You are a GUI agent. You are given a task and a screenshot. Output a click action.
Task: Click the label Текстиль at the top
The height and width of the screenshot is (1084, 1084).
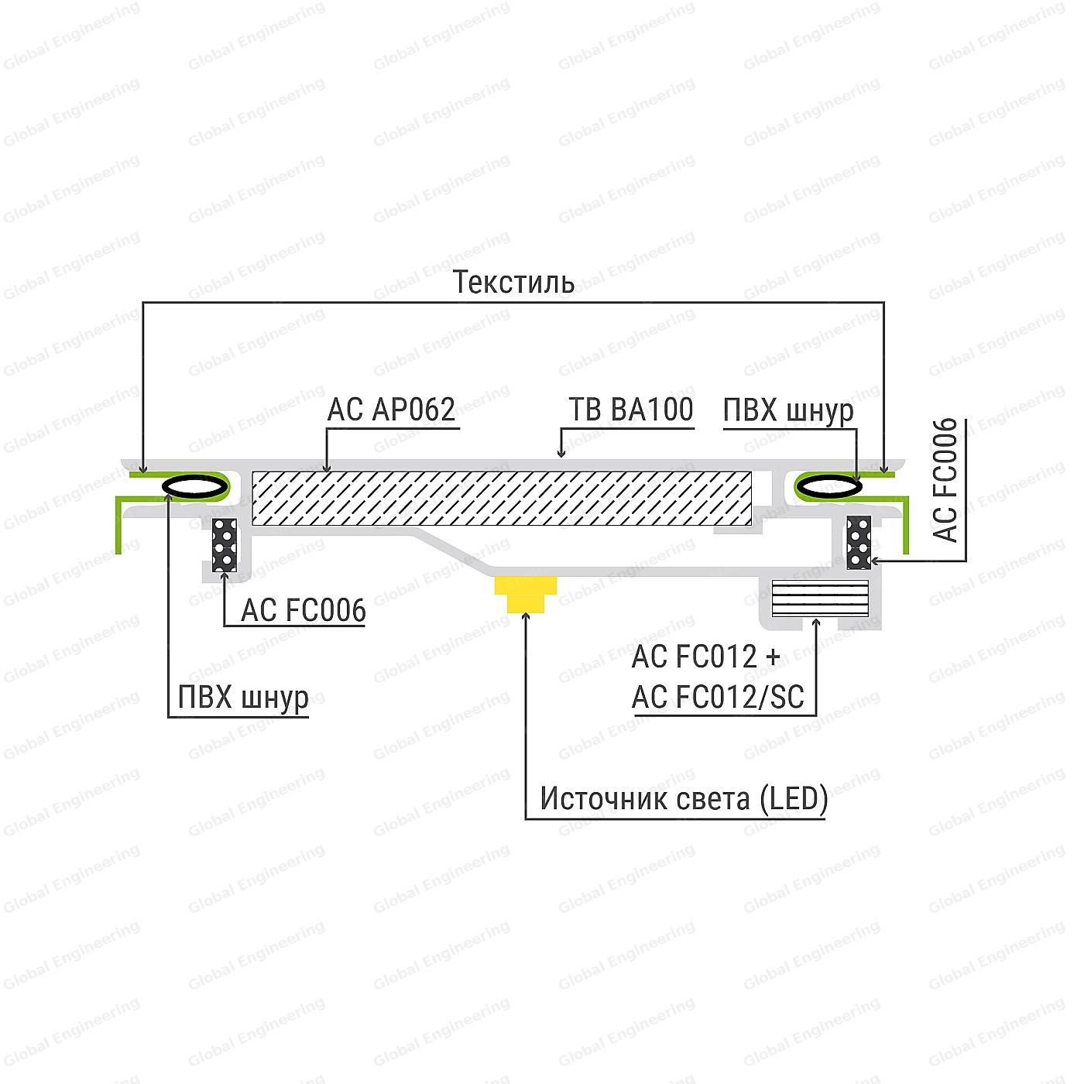(x=513, y=282)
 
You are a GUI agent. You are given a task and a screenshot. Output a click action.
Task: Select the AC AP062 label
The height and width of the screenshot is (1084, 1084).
(x=391, y=410)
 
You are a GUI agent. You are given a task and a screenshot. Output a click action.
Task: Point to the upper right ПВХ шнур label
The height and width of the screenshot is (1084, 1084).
(x=788, y=410)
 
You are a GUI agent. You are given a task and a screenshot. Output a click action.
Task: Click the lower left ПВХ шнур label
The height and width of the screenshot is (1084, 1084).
(x=243, y=698)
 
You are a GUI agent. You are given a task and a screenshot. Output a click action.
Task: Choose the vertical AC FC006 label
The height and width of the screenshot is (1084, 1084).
(x=945, y=480)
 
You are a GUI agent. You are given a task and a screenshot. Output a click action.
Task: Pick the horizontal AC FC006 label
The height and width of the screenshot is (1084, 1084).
(x=304, y=610)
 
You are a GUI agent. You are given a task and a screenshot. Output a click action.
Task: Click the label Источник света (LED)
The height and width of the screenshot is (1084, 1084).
(x=684, y=798)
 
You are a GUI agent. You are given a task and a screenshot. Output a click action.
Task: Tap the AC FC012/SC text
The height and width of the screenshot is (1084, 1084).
(x=718, y=698)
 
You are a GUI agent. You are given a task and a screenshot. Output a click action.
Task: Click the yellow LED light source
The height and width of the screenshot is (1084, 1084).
(x=526, y=594)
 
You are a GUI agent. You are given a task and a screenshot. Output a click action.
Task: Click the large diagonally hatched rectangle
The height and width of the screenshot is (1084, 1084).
(x=501, y=498)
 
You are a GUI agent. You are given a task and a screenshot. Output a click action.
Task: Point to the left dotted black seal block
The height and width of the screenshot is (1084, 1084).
(x=225, y=545)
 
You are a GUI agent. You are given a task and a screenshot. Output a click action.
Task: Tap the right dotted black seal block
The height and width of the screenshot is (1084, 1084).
(x=859, y=542)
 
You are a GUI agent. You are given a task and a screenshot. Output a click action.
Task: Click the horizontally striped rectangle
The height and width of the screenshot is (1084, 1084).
(x=820, y=598)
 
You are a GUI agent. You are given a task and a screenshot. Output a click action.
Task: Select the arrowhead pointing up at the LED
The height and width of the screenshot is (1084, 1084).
(x=526, y=617)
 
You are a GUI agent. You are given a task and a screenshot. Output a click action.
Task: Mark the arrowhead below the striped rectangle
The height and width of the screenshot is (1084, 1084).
(x=816, y=623)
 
